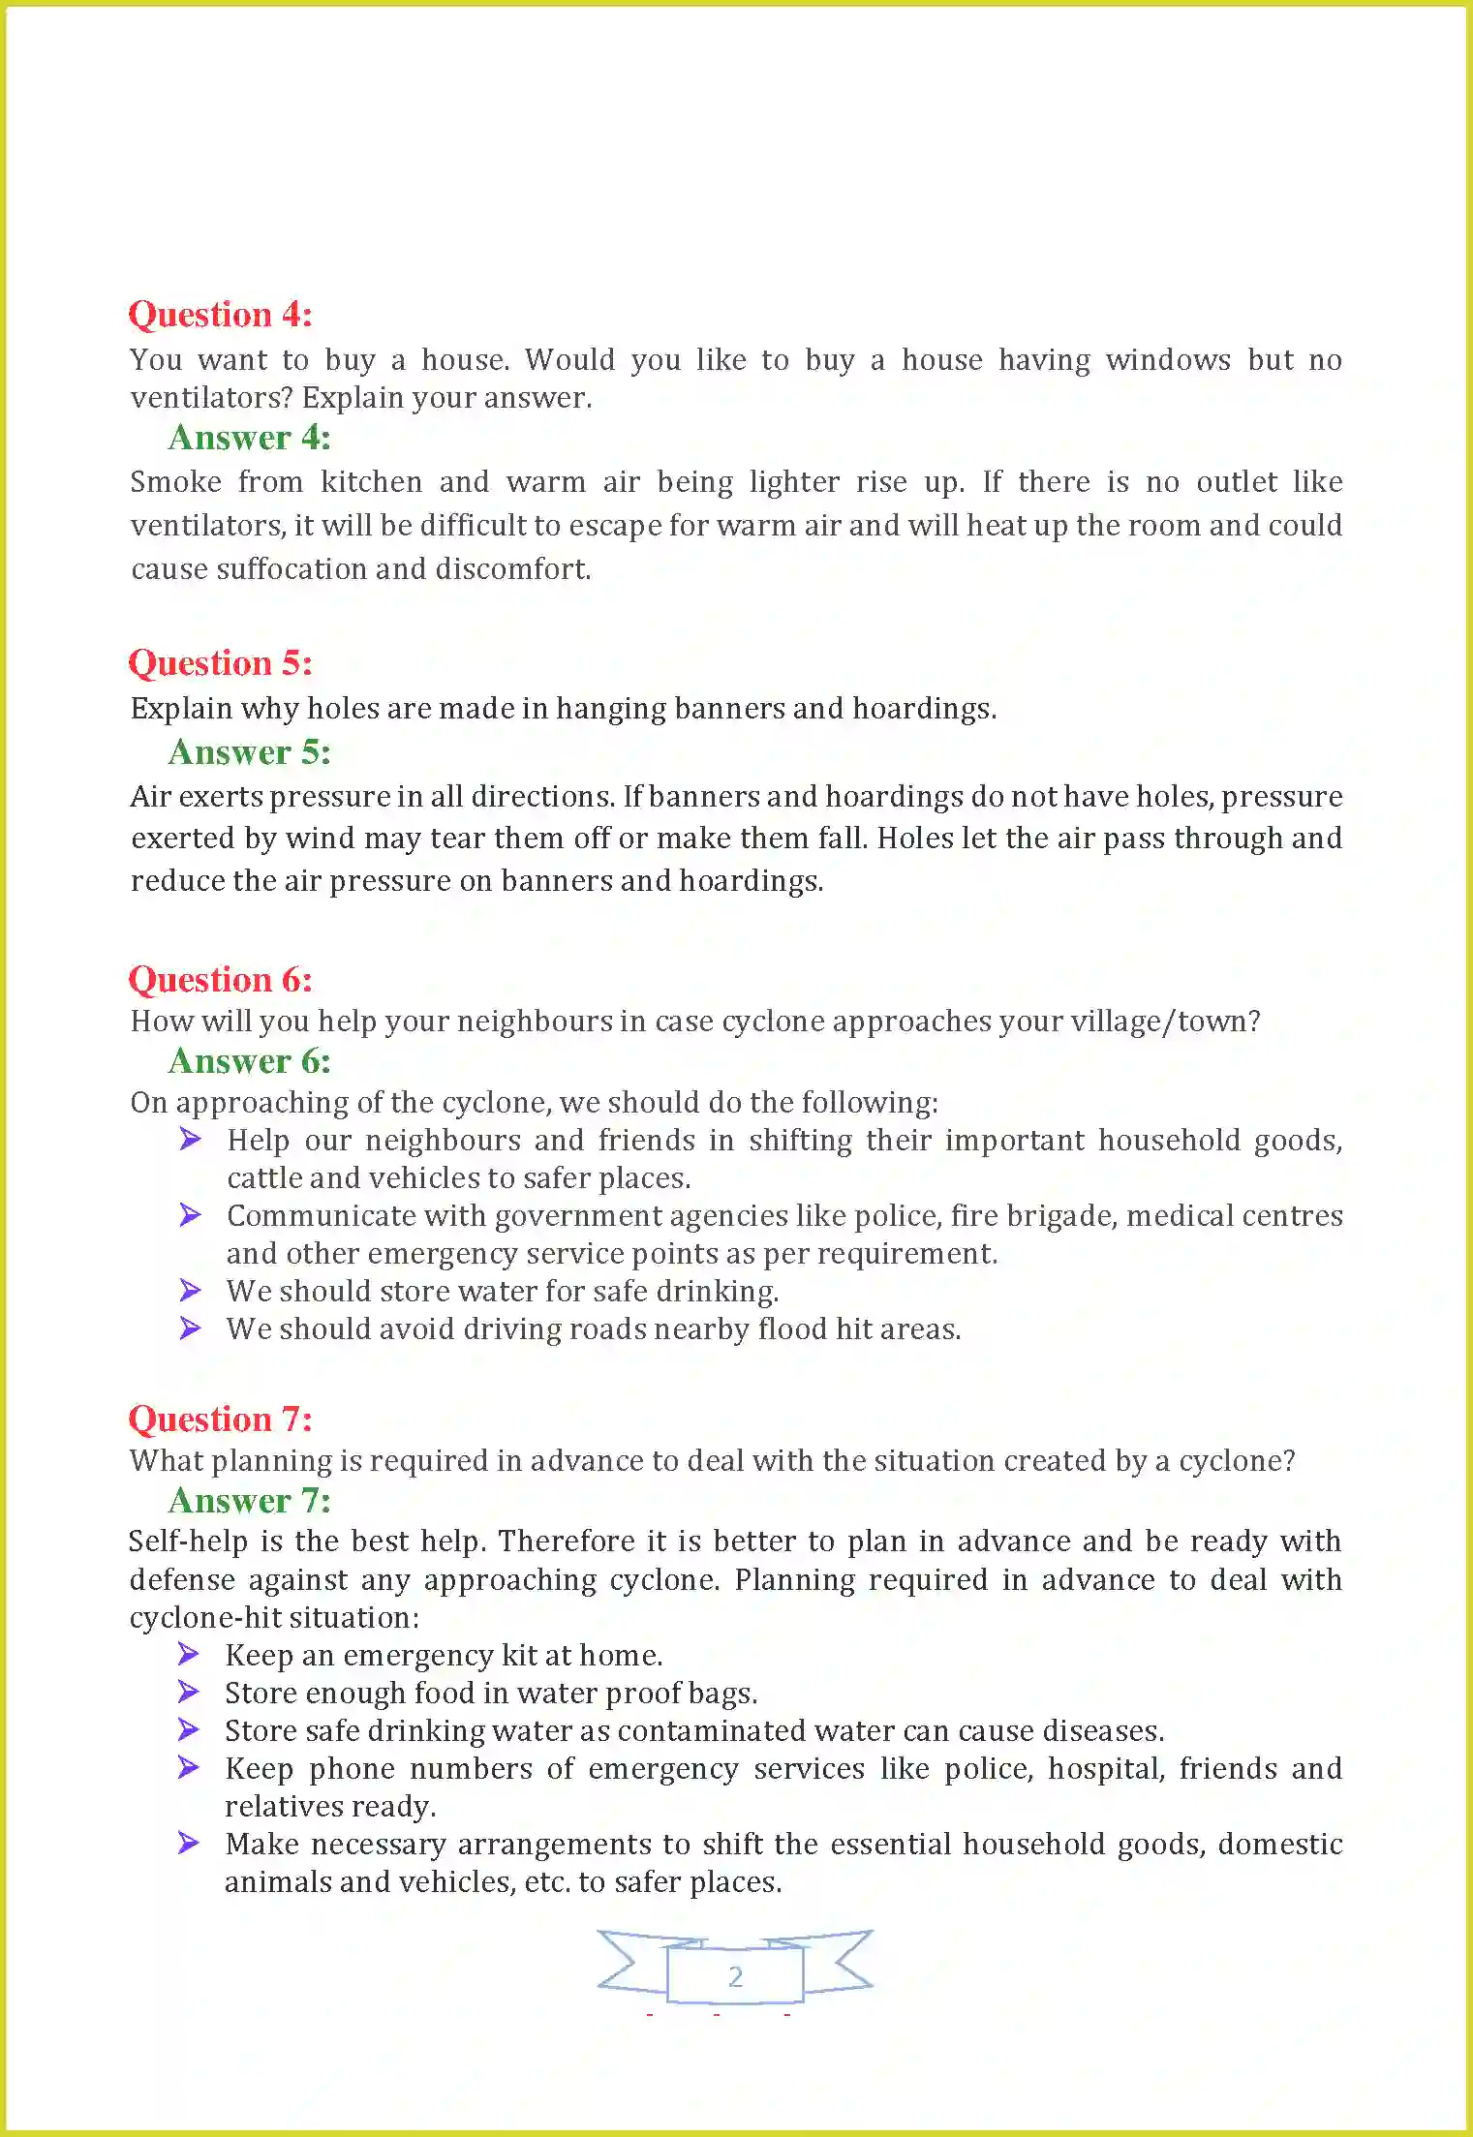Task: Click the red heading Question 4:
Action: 220,315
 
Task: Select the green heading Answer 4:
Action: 249,438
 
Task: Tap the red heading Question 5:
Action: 220,663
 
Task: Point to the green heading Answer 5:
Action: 249,752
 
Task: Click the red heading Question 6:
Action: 220,980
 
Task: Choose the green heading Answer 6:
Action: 249,1061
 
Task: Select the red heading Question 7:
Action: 220,1420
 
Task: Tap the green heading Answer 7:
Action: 249,1501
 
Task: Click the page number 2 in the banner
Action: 735,1976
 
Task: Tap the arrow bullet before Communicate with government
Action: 190,1214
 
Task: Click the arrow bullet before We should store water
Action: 190,1290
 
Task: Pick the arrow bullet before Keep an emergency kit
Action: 189,1654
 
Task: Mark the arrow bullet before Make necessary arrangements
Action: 189,1843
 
